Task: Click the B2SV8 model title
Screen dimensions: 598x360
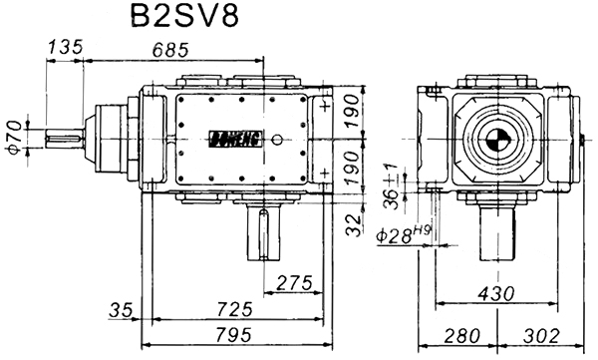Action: pyautogui.click(x=184, y=16)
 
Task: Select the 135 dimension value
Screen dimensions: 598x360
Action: pyautogui.click(x=65, y=47)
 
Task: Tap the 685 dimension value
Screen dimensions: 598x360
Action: pyautogui.click(x=170, y=50)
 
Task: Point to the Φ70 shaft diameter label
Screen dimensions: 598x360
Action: pyautogui.click(x=15, y=138)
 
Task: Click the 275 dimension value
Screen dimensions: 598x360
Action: pyautogui.click(x=294, y=283)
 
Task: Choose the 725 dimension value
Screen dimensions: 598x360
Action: pyautogui.click(x=235, y=309)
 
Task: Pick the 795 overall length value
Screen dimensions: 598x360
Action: pyautogui.click(x=234, y=335)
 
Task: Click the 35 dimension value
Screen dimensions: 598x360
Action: pyautogui.click(x=121, y=309)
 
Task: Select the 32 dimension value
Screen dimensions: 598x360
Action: pyautogui.click(x=353, y=224)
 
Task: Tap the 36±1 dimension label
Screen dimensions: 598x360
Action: pyautogui.click(x=391, y=187)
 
